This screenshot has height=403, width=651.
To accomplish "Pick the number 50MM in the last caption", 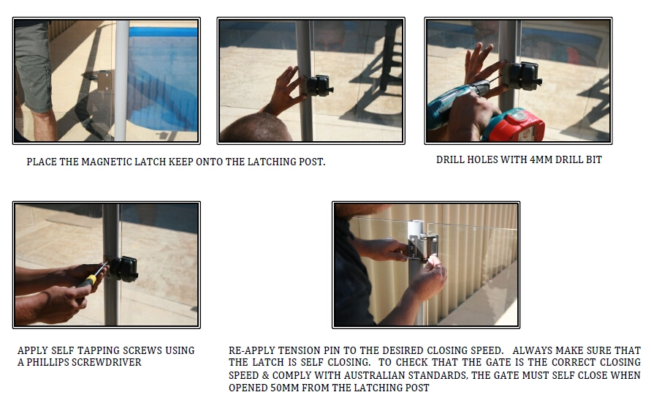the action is pyautogui.click(x=284, y=388).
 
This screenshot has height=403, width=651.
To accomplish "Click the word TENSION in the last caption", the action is pyautogui.click(x=295, y=350).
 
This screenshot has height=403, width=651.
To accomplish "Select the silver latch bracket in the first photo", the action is pyautogui.click(x=104, y=80).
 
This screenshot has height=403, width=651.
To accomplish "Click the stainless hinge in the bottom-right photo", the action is pyautogui.click(x=422, y=248).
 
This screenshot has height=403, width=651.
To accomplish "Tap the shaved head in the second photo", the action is pyautogui.click(x=257, y=129).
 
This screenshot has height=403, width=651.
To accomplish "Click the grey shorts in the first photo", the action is pyautogui.click(x=33, y=66).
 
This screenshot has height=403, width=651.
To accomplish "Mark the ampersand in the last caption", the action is pyautogui.click(x=265, y=376).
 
